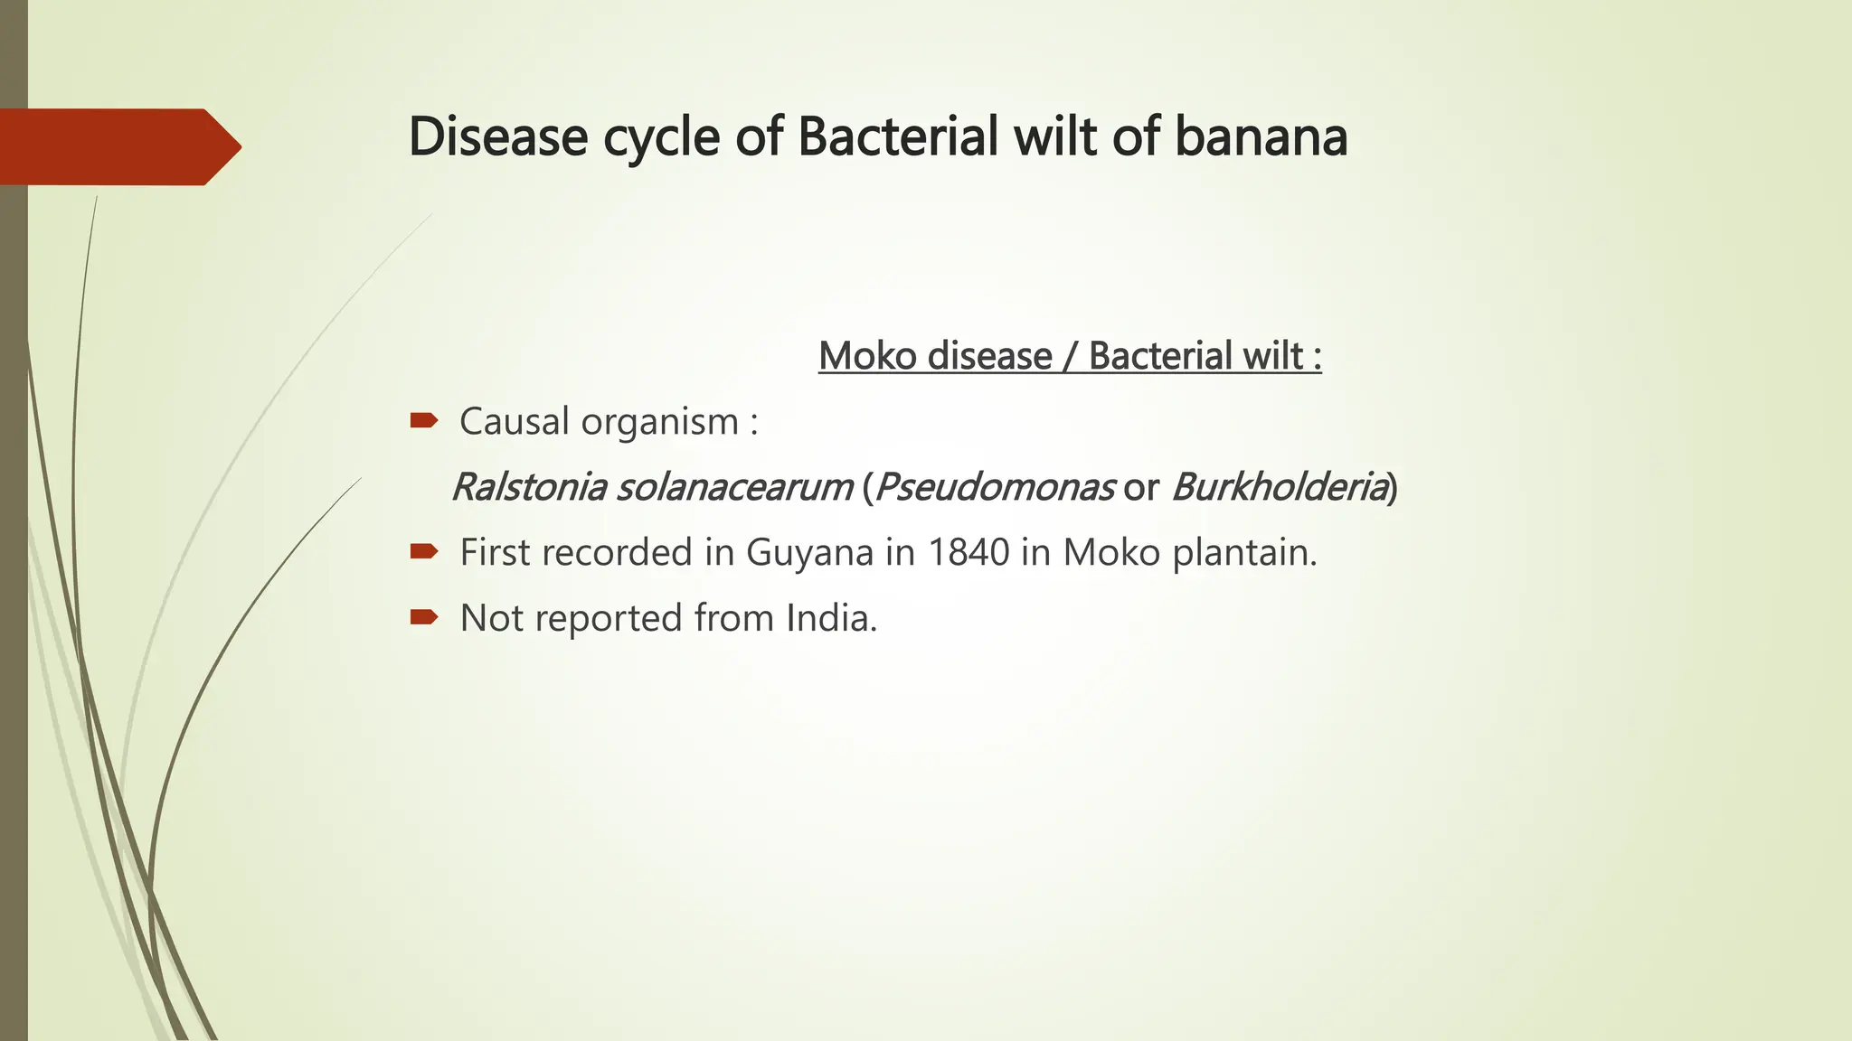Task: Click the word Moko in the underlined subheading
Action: (x=867, y=356)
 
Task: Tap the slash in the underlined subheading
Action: (x=1070, y=356)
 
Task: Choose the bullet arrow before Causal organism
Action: (x=423, y=420)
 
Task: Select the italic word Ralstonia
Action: (x=528, y=487)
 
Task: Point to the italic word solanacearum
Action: (x=733, y=487)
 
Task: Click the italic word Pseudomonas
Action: (x=994, y=487)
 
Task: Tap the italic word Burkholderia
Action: (x=1279, y=487)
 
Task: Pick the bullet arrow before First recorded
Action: (x=423, y=551)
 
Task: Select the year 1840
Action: (x=969, y=553)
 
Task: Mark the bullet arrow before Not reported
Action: (x=423, y=617)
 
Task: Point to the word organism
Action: (x=659, y=422)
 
